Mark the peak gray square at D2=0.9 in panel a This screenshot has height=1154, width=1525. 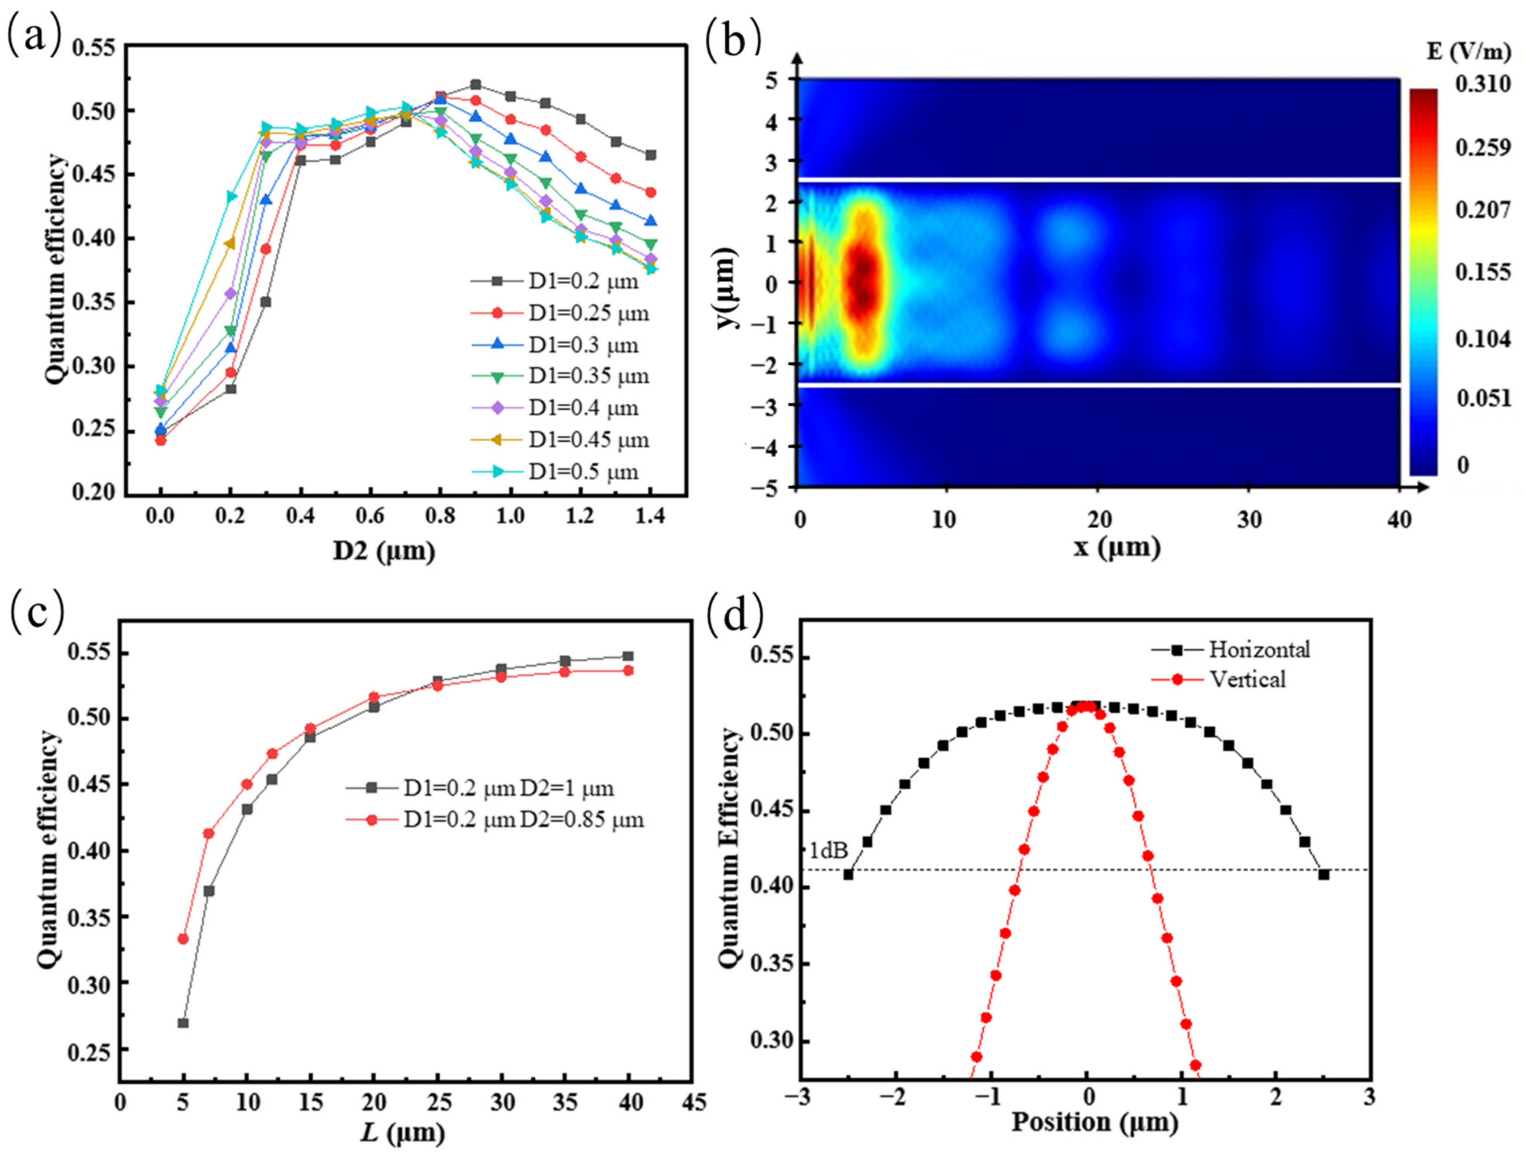475,85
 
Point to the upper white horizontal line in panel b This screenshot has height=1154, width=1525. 1096,180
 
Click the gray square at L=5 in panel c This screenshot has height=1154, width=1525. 183,1023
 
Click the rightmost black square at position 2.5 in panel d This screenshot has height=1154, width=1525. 1324,874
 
